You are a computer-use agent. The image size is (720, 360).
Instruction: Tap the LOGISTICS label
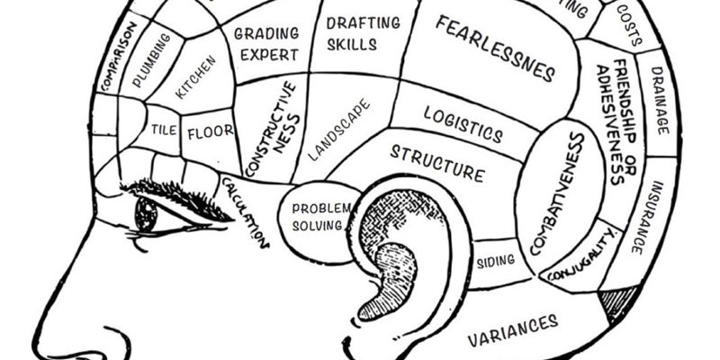[463, 123]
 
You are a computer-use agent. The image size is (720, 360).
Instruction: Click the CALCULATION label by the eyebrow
[246, 212]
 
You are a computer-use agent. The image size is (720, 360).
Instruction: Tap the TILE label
[164, 129]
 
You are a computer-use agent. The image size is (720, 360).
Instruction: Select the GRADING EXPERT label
[265, 43]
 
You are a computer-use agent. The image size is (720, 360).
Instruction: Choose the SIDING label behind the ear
[495, 262]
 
